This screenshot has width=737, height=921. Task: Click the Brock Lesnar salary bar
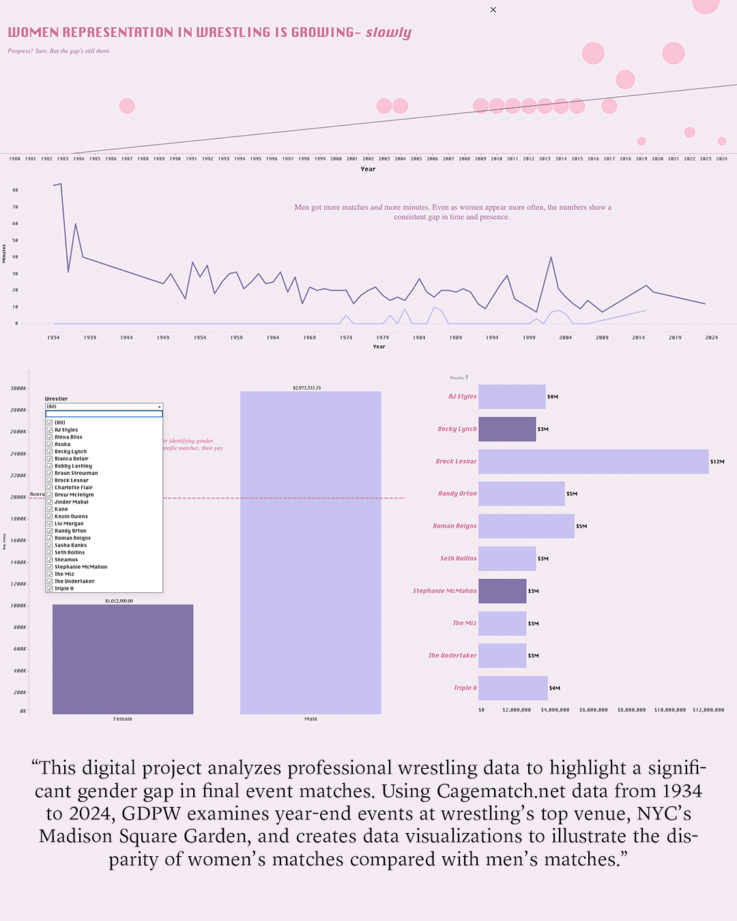(x=593, y=462)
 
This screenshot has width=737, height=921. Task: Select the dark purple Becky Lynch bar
(x=507, y=429)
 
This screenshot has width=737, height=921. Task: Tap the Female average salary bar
(x=123, y=659)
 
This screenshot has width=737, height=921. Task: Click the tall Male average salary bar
(x=310, y=553)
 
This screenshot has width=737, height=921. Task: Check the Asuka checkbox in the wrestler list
(x=50, y=444)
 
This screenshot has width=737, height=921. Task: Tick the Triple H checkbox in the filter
(x=50, y=589)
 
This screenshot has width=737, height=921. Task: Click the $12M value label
(x=717, y=462)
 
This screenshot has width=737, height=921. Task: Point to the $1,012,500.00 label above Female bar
(x=119, y=601)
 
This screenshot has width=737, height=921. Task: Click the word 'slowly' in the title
(x=388, y=33)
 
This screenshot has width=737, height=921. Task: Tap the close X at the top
(x=493, y=10)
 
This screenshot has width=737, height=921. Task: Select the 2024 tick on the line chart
(x=711, y=338)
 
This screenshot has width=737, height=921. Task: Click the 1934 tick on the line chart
(x=53, y=338)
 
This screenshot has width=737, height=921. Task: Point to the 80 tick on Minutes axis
(x=16, y=190)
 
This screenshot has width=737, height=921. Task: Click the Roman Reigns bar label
(x=454, y=526)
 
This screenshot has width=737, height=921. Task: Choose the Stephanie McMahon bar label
(x=444, y=591)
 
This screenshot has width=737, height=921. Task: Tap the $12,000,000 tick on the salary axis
(x=708, y=710)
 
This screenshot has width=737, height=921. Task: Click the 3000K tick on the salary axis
(x=18, y=389)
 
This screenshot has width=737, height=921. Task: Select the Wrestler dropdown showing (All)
(x=104, y=407)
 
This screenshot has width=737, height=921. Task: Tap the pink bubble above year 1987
(x=127, y=106)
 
